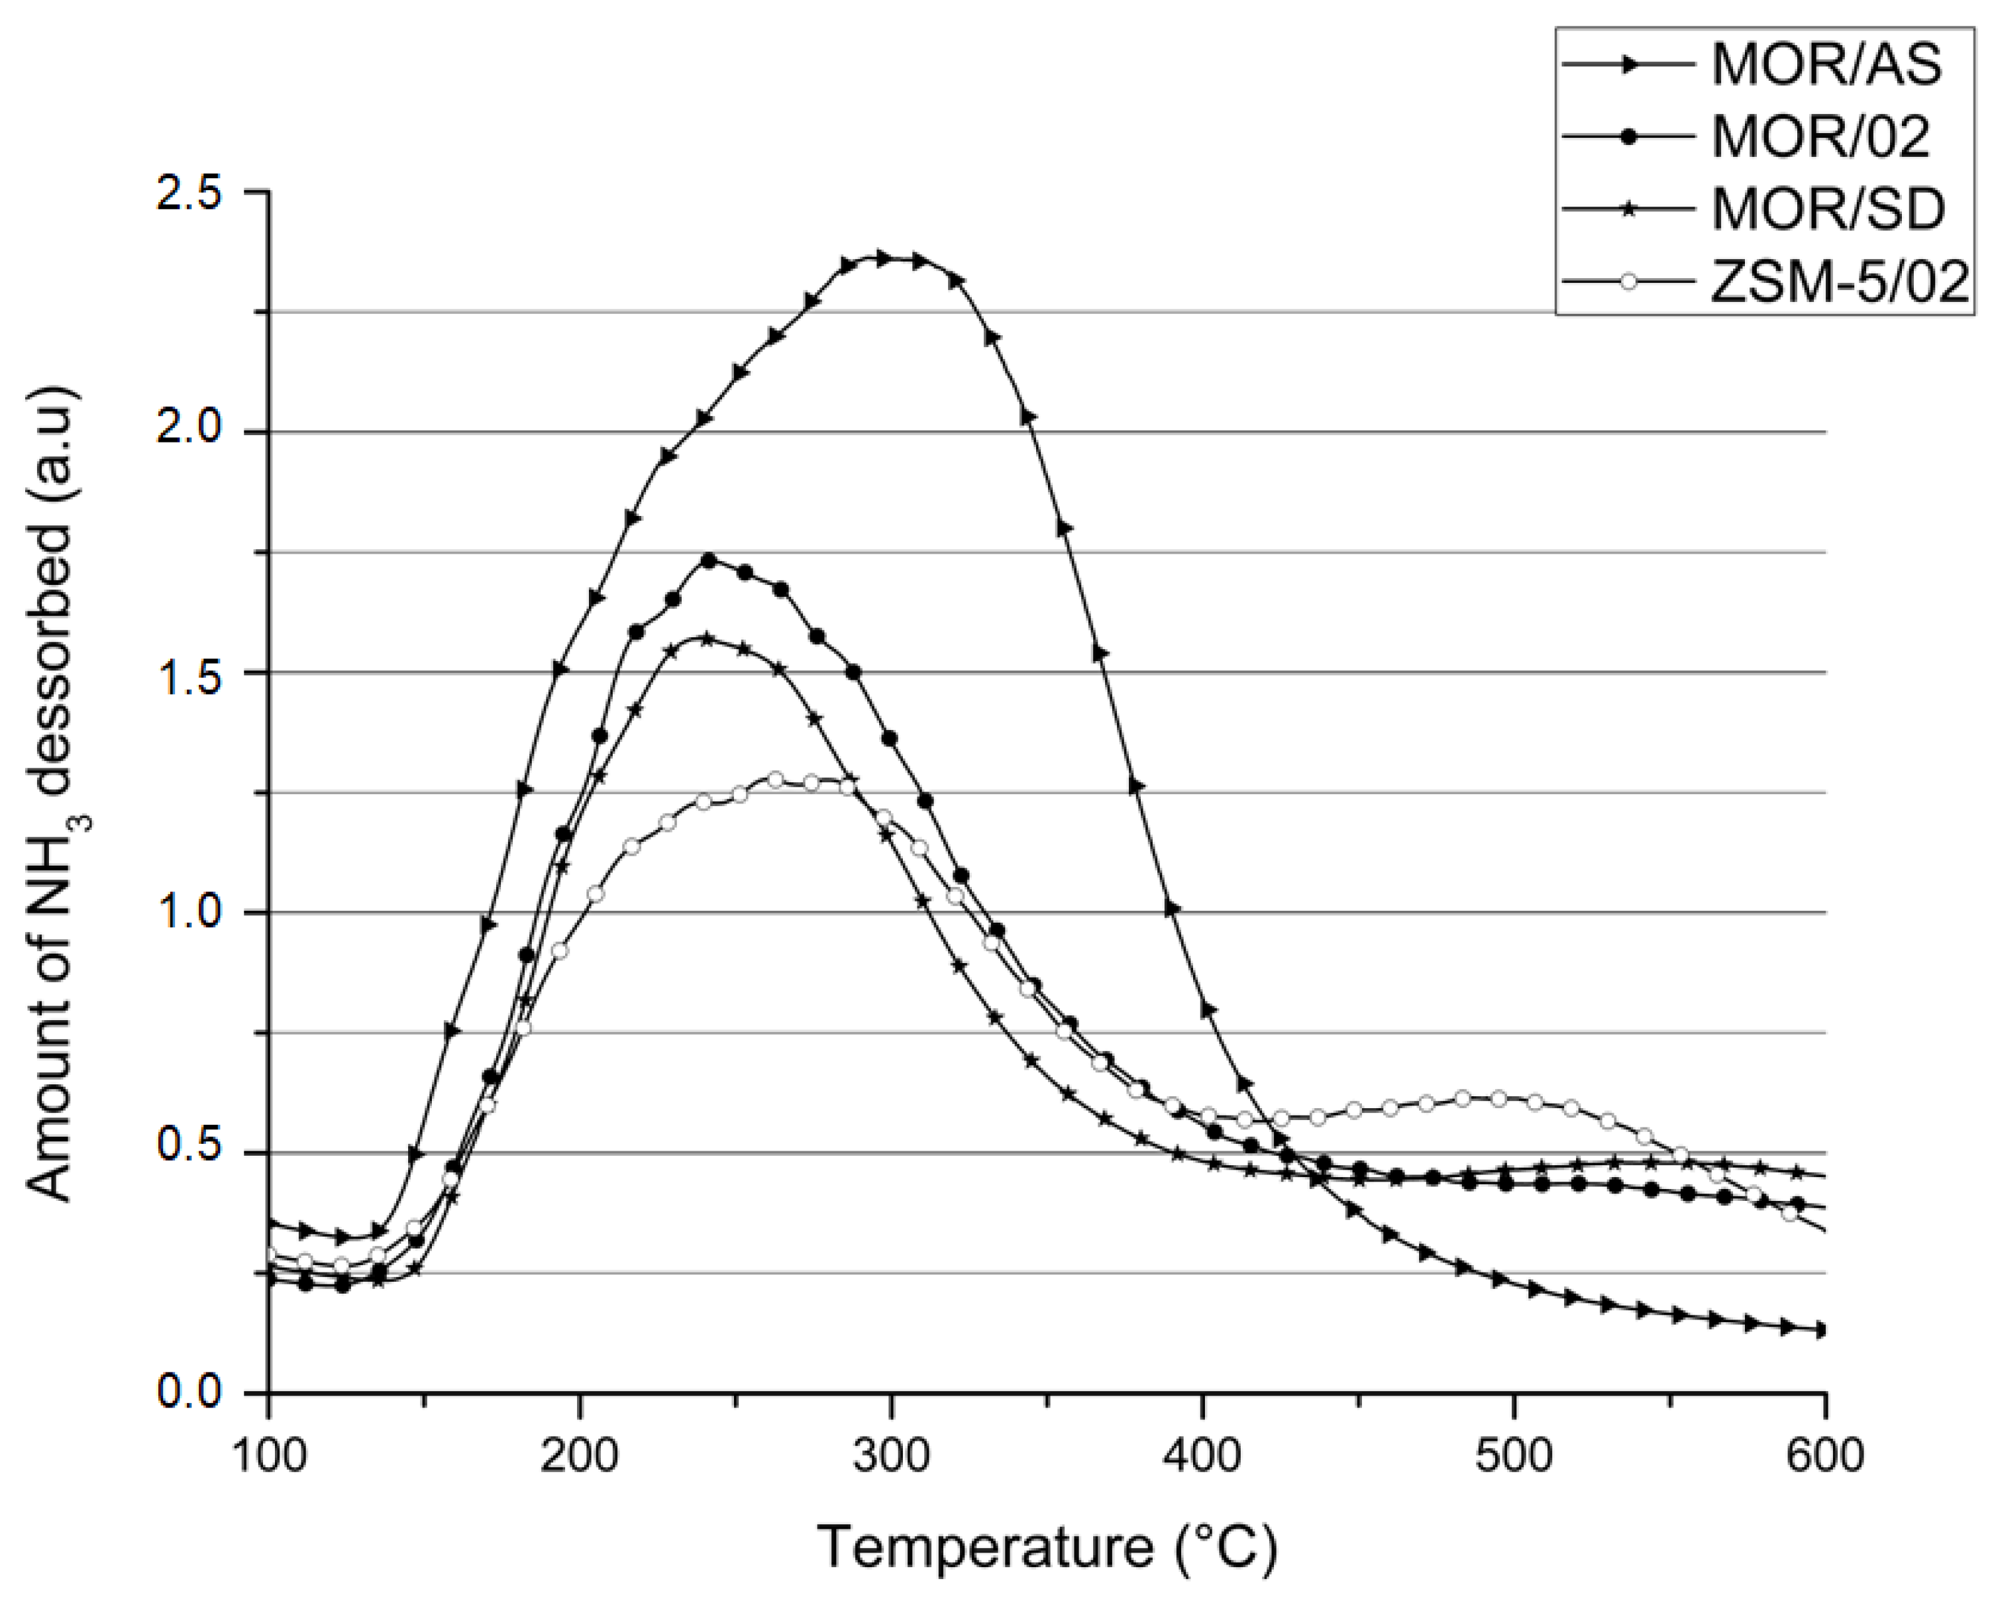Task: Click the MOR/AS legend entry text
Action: point(1826,66)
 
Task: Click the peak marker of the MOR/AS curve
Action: point(882,259)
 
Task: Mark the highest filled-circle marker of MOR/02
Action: point(709,560)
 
